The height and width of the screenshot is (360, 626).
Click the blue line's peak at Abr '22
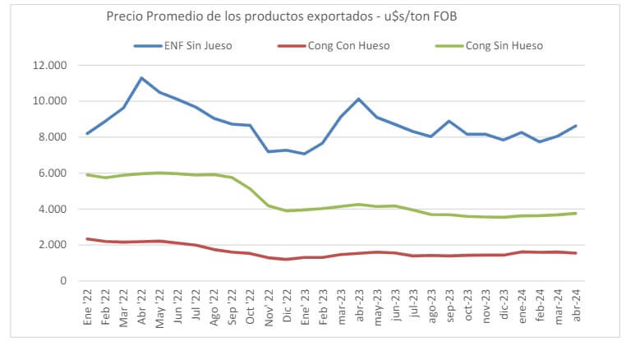[141, 78]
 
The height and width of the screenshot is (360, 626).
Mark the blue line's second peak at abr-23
[358, 99]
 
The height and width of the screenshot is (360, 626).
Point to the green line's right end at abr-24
[574, 213]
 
